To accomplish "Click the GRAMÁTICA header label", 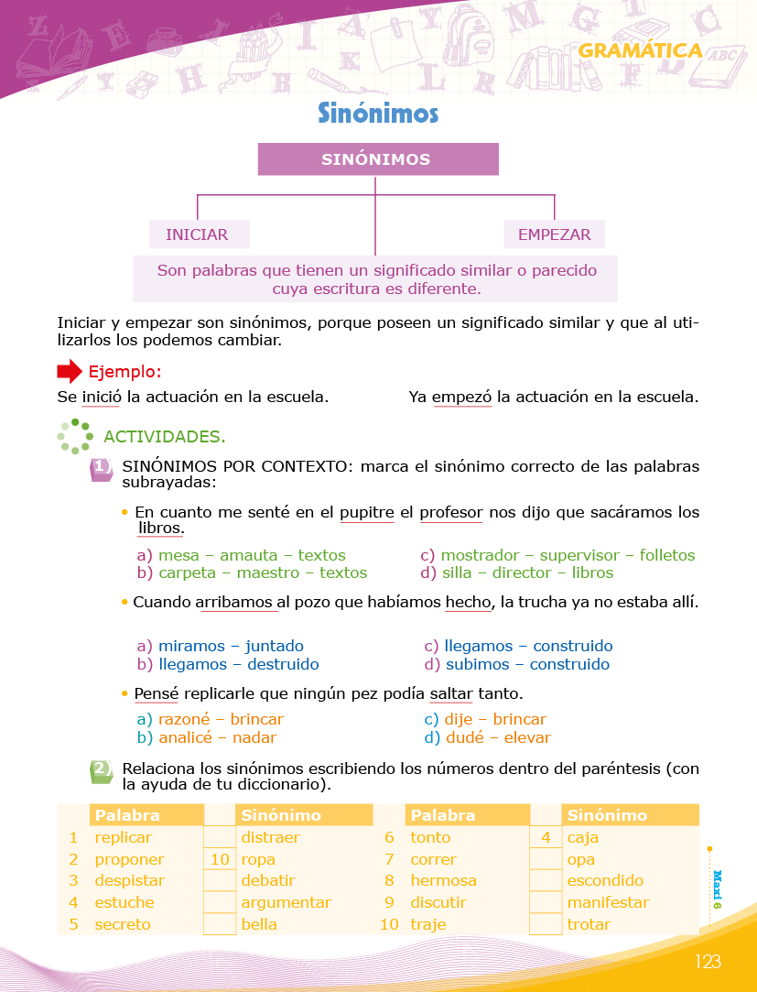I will point(640,51).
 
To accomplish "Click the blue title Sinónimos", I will point(378,113).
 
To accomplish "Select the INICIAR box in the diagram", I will point(197,234).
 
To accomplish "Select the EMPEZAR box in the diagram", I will point(554,234).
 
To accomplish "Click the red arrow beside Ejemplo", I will point(70,372).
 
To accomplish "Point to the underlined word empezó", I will point(461,398).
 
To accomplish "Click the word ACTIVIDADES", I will point(165,436).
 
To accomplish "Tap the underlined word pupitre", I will point(366,512).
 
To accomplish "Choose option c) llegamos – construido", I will point(518,647).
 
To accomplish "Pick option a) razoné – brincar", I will point(211,720).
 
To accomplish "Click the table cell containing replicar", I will point(124,837).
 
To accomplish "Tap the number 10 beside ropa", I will point(220,859).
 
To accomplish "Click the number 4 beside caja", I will point(546,837).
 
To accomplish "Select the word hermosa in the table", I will point(443,881).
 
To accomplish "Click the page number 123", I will point(708,961).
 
